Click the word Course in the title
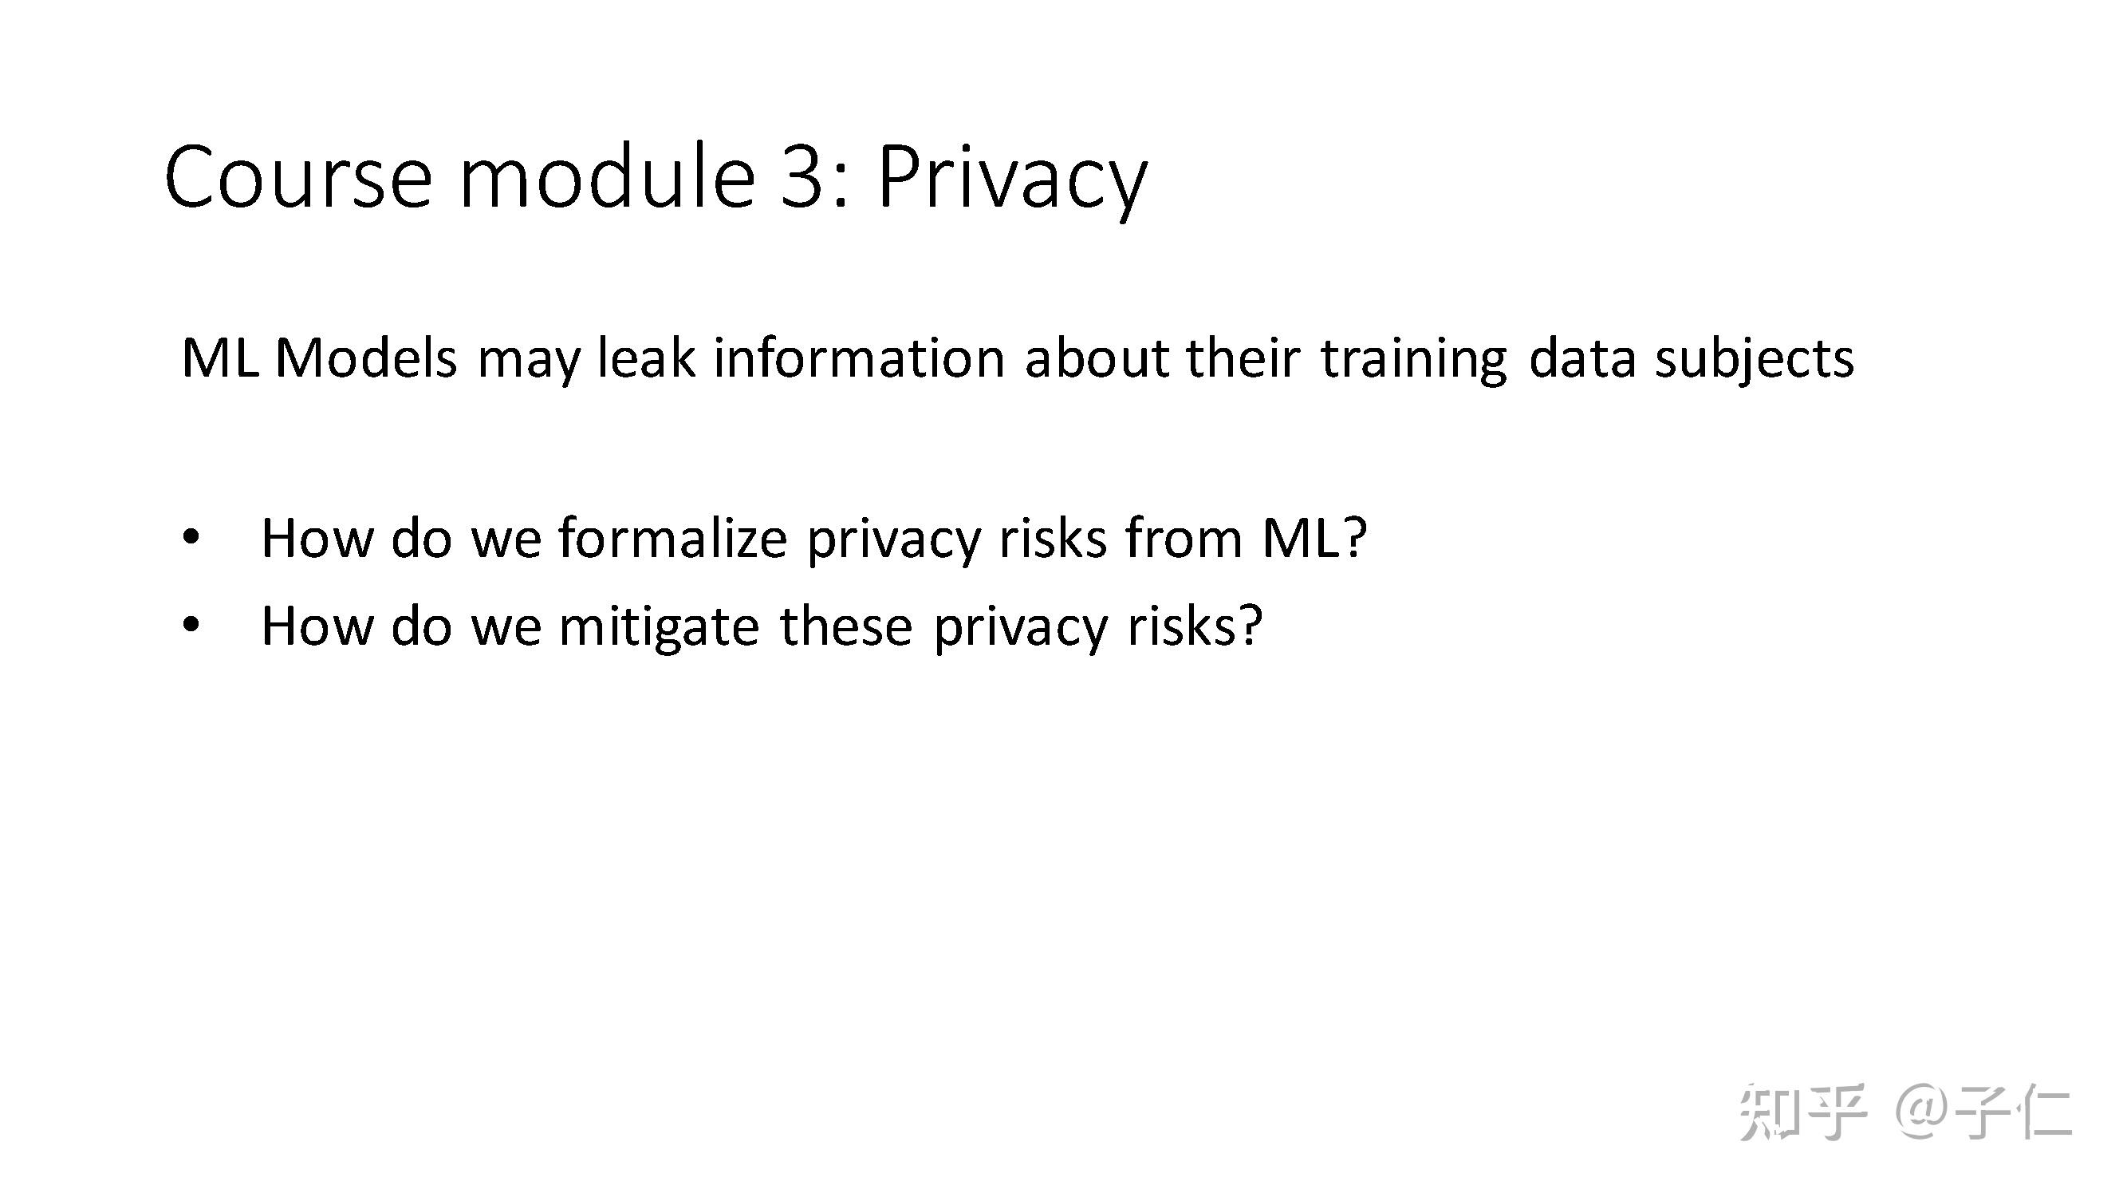coord(298,177)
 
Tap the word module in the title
coord(607,174)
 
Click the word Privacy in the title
coord(1012,181)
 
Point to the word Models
coord(366,358)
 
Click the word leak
coord(647,358)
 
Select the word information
coord(860,358)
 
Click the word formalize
coord(673,538)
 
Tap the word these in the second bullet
coord(846,626)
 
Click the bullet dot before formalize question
coord(191,538)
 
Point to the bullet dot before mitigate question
coord(191,626)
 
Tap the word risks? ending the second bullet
coord(1195,626)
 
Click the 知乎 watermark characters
coord(1802,1112)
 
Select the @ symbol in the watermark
coord(1924,1112)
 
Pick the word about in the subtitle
coord(1096,358)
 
